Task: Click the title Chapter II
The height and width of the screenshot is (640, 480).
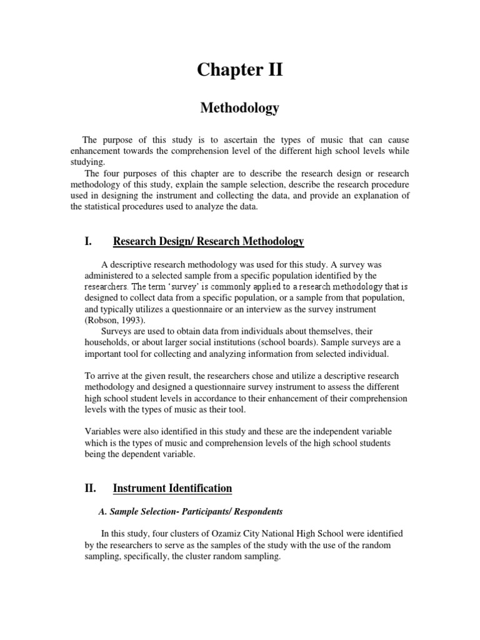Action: click(x=240, y=70)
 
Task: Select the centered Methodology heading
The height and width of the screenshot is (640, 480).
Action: click(x=240, y=108)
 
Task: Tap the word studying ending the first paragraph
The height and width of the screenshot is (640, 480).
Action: click(x=88, y=162)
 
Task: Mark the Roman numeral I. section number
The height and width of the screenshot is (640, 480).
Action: click(x=89, y=241)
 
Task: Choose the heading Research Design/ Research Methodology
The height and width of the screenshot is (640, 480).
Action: click(x=208, y=241)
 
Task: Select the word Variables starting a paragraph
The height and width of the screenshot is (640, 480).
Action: click(x=104, y=432)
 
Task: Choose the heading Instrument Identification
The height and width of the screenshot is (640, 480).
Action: click(x=172, y=488)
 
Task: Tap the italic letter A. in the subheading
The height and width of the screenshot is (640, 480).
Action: click(x=104, y=511)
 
